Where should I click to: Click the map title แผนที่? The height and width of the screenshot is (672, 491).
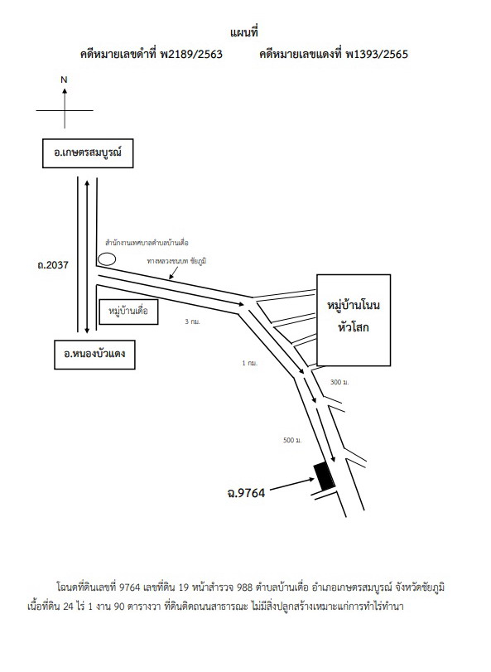tap(243, 32)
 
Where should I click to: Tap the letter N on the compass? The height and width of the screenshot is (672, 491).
tap(65, 80)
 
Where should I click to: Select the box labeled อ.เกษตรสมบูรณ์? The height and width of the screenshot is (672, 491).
tap(88, 153)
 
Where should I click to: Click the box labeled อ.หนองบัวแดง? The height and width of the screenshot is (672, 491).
tap(94, 355)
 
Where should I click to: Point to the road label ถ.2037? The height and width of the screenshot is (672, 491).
tap(53, 265)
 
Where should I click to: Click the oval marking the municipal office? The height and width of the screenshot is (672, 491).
tap(107, 259)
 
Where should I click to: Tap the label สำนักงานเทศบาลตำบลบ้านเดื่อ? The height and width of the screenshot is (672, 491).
tap(147, 243)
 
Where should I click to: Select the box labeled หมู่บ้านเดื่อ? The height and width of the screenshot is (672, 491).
tap(128, 312)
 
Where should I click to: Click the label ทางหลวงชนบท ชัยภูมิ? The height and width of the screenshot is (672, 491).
tap(176, 261)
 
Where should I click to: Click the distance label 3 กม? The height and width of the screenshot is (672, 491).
tap(193, 321)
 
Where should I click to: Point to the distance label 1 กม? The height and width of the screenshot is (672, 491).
tap(250, 363)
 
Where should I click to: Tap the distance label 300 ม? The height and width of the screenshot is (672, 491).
tap(339, 382)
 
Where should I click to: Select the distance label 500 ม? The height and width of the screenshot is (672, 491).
tap(293, 440)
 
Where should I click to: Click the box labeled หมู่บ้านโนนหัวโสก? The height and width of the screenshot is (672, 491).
tap(354, 320)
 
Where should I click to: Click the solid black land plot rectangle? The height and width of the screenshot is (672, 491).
tap(325, 476)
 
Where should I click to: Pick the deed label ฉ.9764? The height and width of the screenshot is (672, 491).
tap(246, 493)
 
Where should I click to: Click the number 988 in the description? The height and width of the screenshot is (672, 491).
tap(244, 587)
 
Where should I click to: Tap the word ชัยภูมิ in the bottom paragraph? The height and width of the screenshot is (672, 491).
tap(431, 587)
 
